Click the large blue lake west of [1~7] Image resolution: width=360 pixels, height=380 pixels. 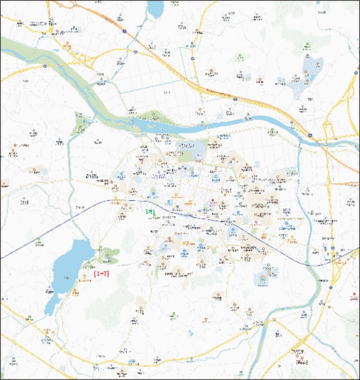tap(71, 266)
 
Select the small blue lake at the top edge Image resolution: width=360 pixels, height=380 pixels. tap(155, 8)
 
